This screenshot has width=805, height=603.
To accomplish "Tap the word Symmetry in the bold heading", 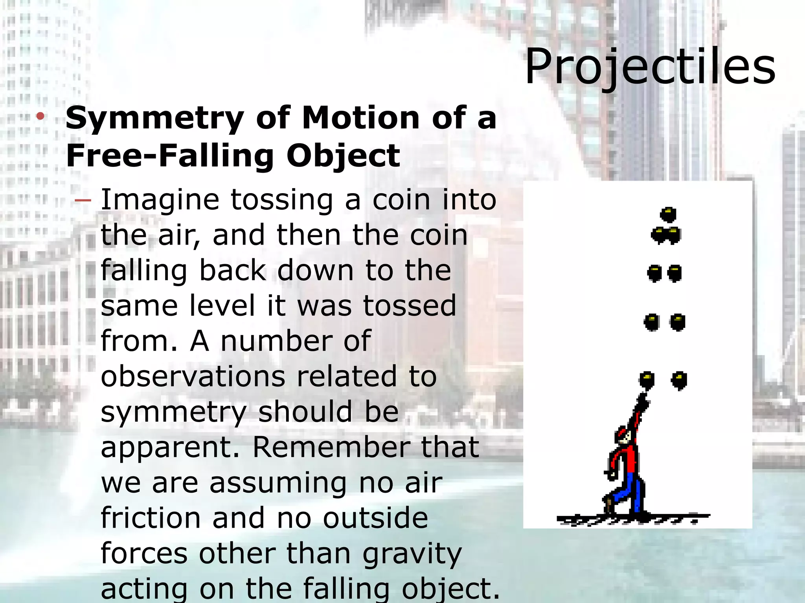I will tap(154, 119).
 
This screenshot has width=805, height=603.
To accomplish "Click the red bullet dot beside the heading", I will tap(40, 117).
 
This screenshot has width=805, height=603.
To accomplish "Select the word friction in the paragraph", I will tap(151, 518).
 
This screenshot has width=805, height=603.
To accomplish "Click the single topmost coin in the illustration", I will tap(668, 215).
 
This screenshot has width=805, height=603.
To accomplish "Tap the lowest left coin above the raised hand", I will tap(647, 380).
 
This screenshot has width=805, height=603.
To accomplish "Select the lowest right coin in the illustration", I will tap(679, 380).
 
